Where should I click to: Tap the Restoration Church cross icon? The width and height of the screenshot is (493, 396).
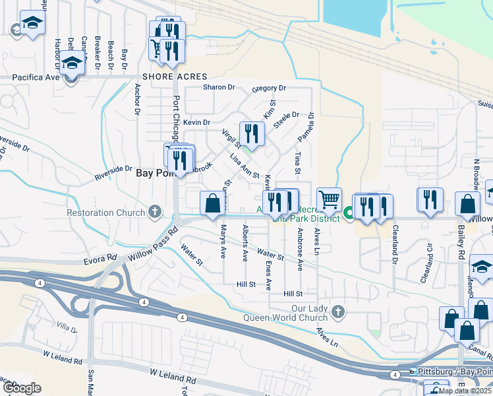click(x=155, y=212)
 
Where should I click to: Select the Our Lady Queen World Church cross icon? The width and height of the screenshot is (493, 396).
click(x=337, y=311)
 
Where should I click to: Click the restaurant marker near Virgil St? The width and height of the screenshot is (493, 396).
click(x=251, y=135)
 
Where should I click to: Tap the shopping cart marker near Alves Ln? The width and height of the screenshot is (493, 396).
click(x=329, y=199)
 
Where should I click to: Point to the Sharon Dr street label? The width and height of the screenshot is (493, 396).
click(x=219, y=87)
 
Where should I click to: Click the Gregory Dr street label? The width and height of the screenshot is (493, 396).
click(x=269, y=88)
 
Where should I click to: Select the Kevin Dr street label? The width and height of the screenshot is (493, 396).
click(x=196, y=122)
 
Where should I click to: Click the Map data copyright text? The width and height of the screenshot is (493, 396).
click(x=465, y=391)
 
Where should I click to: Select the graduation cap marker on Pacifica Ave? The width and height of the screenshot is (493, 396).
click(x=71, y=66)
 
